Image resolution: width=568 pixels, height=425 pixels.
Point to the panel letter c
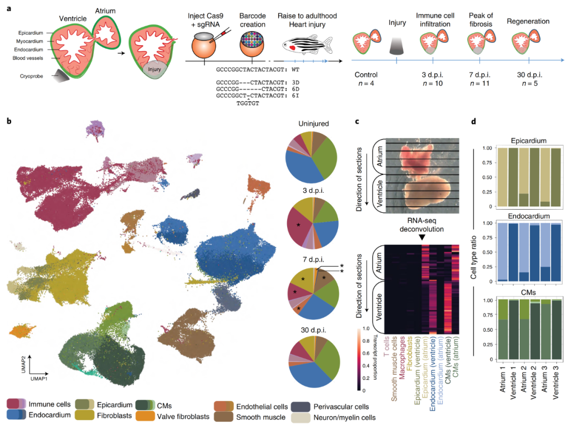point(357,121)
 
